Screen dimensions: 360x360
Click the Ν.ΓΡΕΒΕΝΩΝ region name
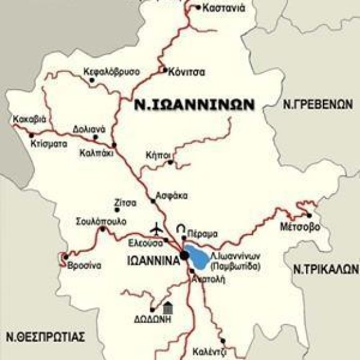pos(316,103)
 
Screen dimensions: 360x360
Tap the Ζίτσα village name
pos(125,202)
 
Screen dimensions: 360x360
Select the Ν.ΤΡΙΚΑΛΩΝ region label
pos(325,269)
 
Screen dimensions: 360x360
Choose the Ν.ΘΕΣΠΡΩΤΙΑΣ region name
pos(42,337)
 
